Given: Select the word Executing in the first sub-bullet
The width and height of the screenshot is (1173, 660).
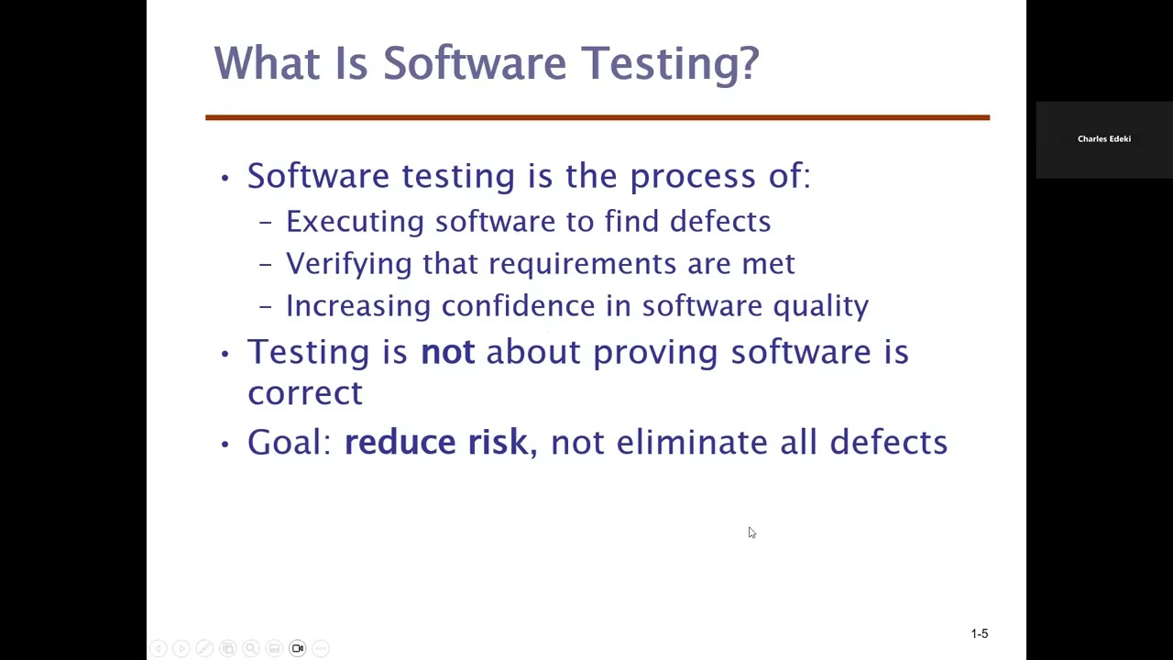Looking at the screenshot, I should point(355,222).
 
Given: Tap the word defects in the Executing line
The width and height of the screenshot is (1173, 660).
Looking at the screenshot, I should point(720,221).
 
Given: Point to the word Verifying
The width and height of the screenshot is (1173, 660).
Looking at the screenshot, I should point(348,264).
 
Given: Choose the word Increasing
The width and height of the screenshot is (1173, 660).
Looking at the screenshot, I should point(357,306).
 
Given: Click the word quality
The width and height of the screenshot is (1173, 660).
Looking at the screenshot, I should point(820,306).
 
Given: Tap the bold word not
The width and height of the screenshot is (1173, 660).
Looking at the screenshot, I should point(447,352).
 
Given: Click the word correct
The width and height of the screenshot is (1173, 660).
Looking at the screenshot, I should point(305,393).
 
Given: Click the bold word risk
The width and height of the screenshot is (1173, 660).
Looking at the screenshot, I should point(498,442).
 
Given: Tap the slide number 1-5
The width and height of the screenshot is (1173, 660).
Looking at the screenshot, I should point(979,633).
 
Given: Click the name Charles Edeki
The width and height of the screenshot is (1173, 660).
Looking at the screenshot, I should point(1103,139).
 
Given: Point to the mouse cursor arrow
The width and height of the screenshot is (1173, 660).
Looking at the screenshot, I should point(751,533).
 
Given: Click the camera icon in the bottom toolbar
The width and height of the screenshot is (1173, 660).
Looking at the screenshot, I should point(298,648).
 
